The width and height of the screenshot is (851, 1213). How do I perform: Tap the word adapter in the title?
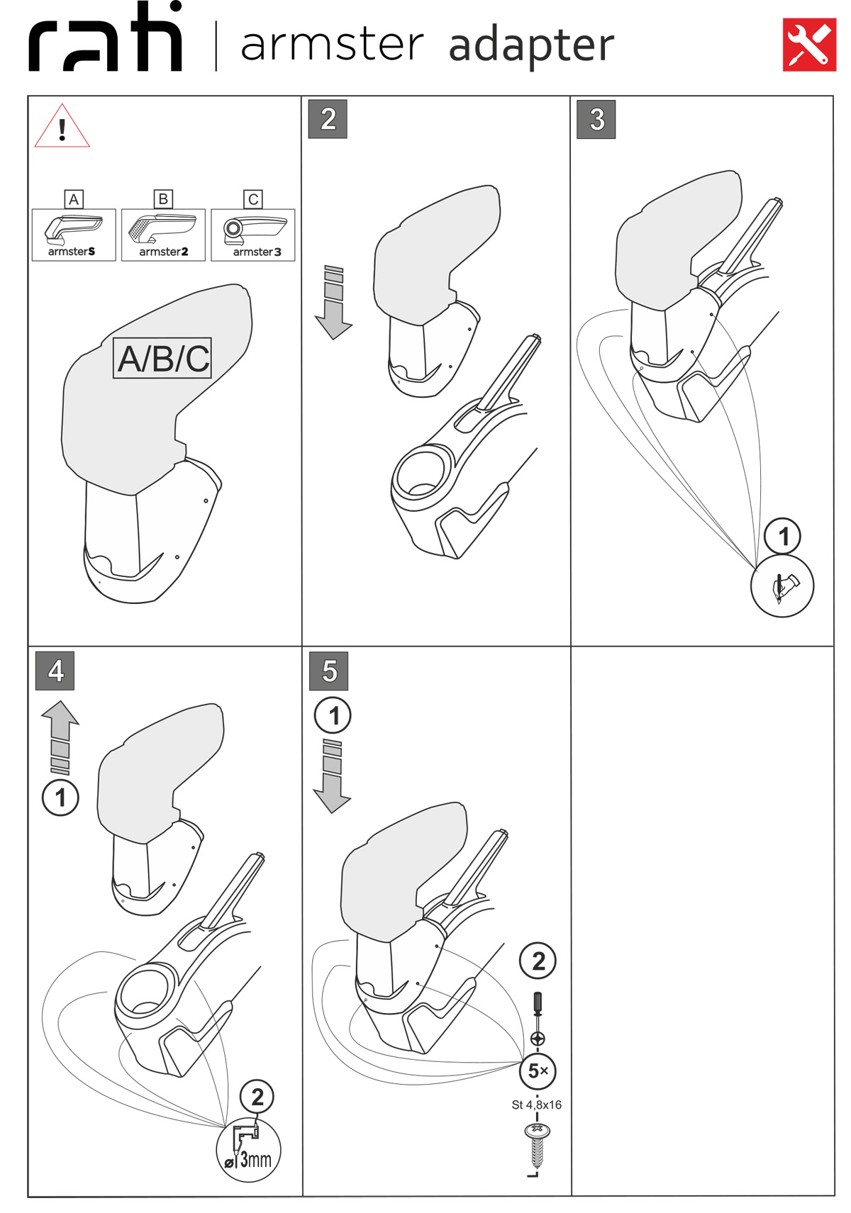click(531, 45)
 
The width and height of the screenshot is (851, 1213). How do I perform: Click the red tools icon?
click(809, 45)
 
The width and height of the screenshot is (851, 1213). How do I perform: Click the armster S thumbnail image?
click(74, 235)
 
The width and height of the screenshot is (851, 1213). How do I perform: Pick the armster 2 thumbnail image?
click(163, 235)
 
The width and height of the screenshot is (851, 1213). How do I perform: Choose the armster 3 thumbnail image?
click(253, 235)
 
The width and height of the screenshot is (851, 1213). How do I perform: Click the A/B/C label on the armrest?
click(163, 358)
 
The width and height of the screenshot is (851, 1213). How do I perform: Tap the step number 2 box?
click(328, 119)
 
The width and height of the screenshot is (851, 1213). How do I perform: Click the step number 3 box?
click(596, 119)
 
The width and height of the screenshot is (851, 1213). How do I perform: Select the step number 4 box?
click(55, 671)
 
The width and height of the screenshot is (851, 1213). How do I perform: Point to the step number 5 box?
click(329, 671)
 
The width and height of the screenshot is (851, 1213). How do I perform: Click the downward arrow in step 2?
click(333, 303)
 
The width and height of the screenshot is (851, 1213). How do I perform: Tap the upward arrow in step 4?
click(60, 736)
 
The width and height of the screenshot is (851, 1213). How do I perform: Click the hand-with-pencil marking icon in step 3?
click(782, 586)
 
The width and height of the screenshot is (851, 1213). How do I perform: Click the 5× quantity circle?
click(538, 1071)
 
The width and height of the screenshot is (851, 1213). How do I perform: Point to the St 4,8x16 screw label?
click(536, 1105)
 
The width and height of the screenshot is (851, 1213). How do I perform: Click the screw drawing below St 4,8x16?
click(537, 1144)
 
